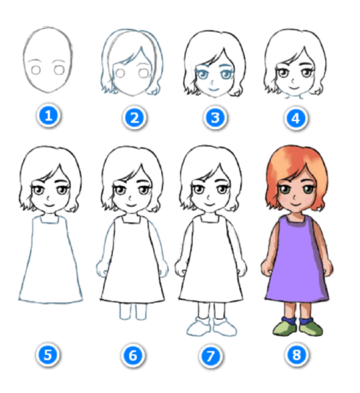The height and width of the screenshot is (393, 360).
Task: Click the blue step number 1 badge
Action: tap(48, 115)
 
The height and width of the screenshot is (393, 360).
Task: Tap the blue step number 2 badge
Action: tap(135, 117)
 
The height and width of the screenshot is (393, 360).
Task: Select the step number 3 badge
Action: tap(215, 117)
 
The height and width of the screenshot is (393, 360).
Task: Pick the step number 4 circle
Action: tap(296, 119)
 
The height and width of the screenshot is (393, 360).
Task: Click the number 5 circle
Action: tap(48, 354)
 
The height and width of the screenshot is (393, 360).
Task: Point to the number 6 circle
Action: tap(133, 355)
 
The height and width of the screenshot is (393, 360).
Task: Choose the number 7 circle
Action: tap(211, 356)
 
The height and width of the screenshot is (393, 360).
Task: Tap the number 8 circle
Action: tap(297, 354)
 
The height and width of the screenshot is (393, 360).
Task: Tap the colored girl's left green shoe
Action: tap(285, 328)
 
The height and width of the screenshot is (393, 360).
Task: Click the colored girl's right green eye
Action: tap(308, 189)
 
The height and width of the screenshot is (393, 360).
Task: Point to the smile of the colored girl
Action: tap(296, 205)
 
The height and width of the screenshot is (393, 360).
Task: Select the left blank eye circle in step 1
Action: tap(36, 70)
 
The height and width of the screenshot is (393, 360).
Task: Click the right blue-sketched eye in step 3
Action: tap(226, 74)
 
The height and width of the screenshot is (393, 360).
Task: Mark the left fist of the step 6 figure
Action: tap(102, 269)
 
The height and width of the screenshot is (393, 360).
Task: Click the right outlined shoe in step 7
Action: tap(225, 327)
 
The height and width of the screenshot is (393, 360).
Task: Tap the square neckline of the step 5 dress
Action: tap(50, 219)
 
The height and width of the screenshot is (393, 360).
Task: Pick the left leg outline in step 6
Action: tap(125, 311)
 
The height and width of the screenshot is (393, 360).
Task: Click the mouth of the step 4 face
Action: tap(294, 88)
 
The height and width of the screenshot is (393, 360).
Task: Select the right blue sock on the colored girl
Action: tap(306, 321)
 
